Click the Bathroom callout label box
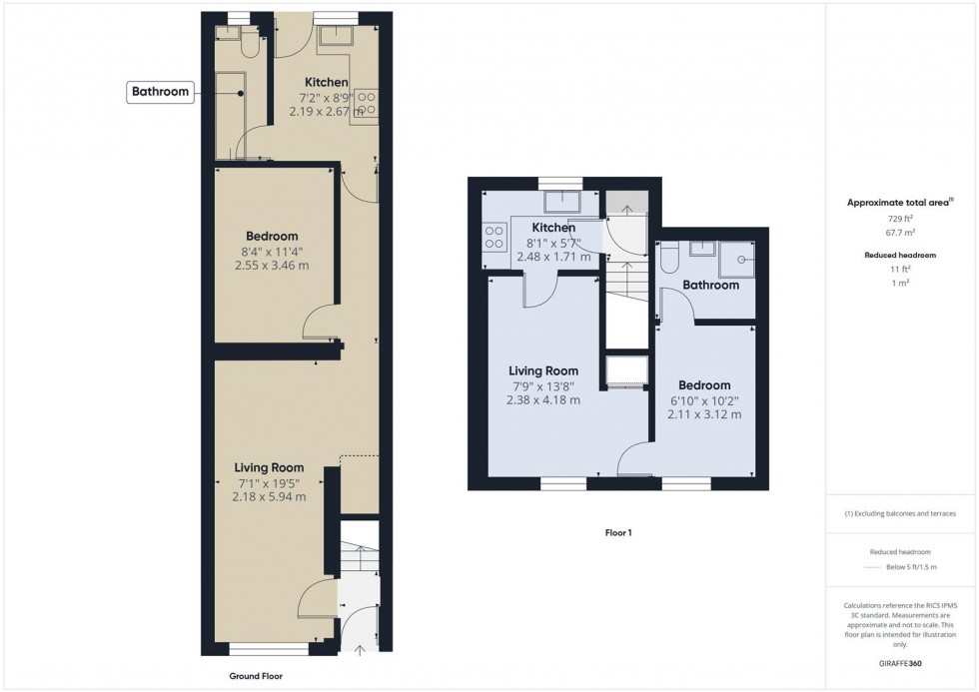(161, 92)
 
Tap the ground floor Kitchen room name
(326, 82)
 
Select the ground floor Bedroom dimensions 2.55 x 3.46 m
(272, 266)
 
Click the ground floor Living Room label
(269, 467)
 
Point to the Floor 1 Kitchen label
(552, 228)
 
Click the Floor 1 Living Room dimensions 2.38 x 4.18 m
(542, 400)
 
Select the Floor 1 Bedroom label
(703, 385)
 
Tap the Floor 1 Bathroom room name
(710, 286)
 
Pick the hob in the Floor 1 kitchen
(493, 237)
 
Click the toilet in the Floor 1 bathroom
(670, 259)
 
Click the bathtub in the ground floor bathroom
(229, 115)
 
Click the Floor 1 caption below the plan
(618, 532)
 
